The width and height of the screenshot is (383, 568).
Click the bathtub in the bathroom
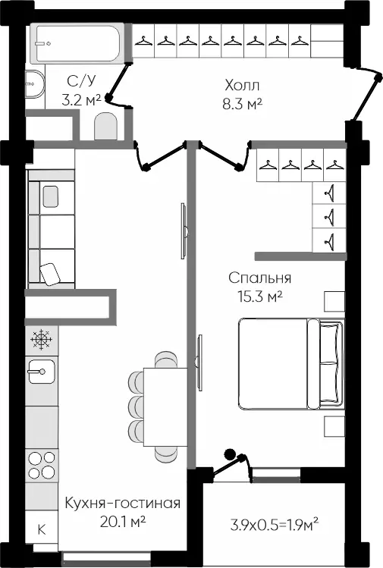[x=77, y=43]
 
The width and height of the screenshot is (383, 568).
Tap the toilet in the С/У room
[x=106, y=126]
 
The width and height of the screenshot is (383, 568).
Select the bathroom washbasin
[x=35, y=84]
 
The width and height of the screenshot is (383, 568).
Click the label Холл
[x=242, y=86]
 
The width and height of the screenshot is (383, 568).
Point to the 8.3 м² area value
[x=242, y=104]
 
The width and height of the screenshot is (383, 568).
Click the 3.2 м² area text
[x=81, y=100]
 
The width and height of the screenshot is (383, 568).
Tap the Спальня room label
[x=260, y=278]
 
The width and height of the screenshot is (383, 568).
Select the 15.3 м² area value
[x=260, y=297]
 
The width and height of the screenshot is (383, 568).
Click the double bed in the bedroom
[x=291, y=363]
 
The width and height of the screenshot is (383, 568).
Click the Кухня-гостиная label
[x=122, y=503]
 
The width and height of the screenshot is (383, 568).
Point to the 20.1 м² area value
[x=122, y=522]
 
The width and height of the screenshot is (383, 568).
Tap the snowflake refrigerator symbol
[x=42, y=340]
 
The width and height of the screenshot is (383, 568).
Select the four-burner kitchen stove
[x=42, y=466]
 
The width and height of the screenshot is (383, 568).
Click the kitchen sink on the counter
[x=42, y=372]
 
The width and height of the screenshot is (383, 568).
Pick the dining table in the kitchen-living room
[x=165, y=406]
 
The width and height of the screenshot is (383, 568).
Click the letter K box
[x=42, y=529]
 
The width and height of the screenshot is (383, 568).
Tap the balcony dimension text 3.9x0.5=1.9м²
[x=275, y=524]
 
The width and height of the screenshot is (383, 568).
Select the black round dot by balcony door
[x=230, y=454]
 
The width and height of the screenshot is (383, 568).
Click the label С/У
[x=82, y=81]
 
